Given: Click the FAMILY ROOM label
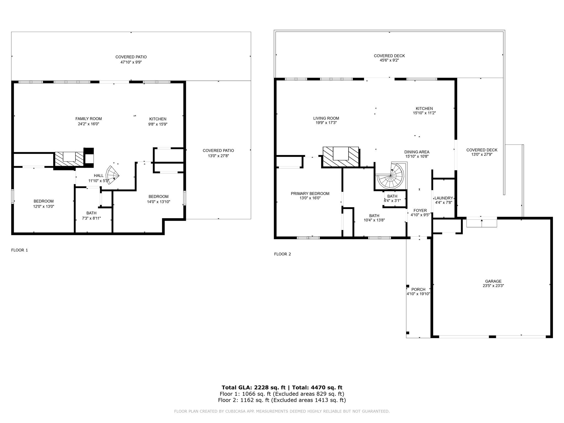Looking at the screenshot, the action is point(88,119).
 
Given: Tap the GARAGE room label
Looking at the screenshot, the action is point(493,281).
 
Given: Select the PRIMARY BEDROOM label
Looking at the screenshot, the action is point(310,194).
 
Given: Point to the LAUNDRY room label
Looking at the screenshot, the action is point(444,198).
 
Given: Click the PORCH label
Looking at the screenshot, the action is point(418,289).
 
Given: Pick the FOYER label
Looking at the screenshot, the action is point(420,210).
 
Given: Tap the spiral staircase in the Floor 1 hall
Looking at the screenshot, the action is point(113,175).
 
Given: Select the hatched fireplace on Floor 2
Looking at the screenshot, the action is point(341,157).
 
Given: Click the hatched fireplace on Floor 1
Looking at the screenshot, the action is point(69,159).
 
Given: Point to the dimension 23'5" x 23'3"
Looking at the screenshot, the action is point(493,286).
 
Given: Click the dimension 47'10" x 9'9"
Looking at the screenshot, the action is point(131,62).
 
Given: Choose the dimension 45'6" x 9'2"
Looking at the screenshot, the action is point(389,60).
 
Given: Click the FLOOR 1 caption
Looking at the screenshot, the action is point(20,250).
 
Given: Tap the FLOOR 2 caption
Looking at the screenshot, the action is point(283,254).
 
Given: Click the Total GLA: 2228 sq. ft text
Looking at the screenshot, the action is point(253,387).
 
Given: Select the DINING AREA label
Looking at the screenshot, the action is point(417,152).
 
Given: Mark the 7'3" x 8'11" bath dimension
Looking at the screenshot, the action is point(91,218).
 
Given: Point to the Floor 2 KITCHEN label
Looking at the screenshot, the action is point(424,109).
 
